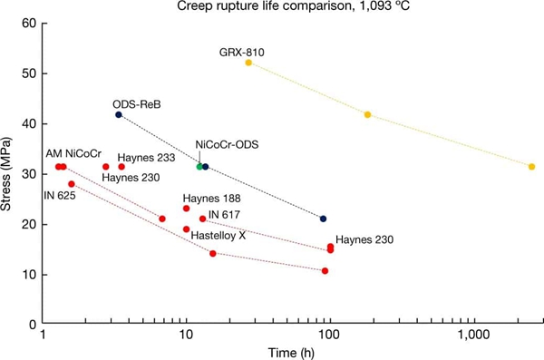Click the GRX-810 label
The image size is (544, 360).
[x=242, y=53]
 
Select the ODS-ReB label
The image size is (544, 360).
[x=136, y=104]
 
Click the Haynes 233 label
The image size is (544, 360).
[x=148, y=156]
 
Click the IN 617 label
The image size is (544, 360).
[x=227, y=215]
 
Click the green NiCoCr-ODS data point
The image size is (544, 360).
[x=199, y=167]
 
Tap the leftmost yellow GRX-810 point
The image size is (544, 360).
[x=248, y=63]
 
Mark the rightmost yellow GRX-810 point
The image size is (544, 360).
[x=531, y=167]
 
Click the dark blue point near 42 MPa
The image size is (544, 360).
[x=119, y=114]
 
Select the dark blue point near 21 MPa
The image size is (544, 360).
[x=323, y=219]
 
